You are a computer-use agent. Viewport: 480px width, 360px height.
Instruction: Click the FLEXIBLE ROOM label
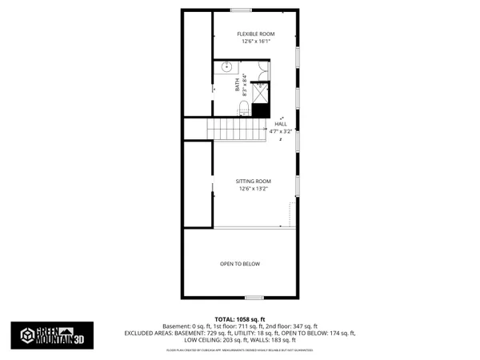click(x=255, y=34)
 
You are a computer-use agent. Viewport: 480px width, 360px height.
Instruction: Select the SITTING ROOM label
click(x=254, y=182)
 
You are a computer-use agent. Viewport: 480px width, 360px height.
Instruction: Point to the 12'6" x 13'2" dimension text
click(x=254, y=190)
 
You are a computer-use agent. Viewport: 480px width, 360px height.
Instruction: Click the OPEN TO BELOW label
click(x=240, y=263)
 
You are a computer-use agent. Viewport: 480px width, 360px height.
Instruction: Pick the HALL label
click(x=281, y=124)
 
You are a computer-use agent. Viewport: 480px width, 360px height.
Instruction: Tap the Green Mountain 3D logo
click(x=47, y=335)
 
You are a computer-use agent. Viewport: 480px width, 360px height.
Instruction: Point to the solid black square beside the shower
click(x=260, y=112)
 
